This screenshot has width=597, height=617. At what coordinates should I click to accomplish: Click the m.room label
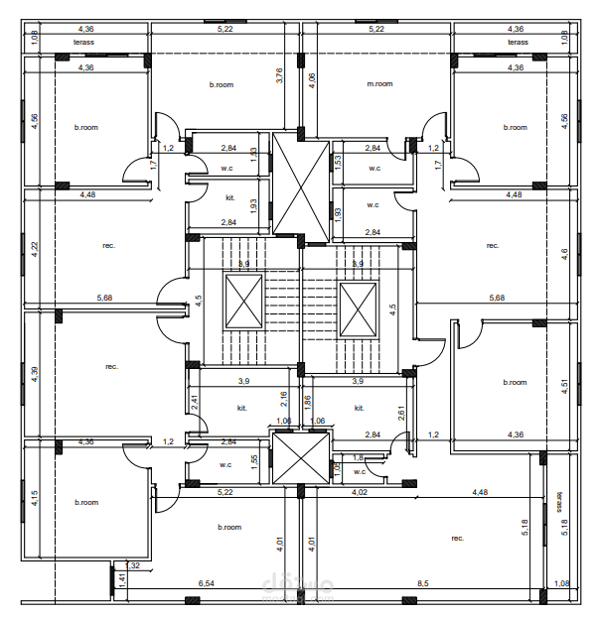click(379, 84)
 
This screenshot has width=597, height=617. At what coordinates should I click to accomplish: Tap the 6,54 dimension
click(207, 584)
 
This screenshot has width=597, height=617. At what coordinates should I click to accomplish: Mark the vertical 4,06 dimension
click(312, 81)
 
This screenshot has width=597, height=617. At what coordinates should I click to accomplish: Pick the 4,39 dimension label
click(34, 372)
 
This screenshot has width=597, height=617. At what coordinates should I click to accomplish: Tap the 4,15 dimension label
click(34, 498)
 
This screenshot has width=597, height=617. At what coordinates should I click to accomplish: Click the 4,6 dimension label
click(564, 253)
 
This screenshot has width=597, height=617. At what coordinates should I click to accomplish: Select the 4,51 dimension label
click(564, 387)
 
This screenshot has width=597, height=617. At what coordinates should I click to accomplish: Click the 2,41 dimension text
click(196, 404)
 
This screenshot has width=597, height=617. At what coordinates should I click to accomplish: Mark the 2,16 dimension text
click(283, 399)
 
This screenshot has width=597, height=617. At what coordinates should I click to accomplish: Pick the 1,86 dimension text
click(307, 402)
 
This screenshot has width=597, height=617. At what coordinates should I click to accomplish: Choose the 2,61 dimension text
click(401, 414)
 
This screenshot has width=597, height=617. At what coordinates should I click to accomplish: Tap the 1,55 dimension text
click(254, 460)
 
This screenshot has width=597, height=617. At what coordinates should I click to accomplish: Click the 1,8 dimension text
click(360, 457)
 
